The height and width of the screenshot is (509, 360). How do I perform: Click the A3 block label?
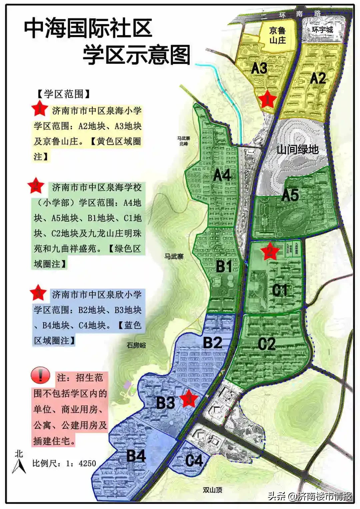259,68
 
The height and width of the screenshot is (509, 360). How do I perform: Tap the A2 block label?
318,78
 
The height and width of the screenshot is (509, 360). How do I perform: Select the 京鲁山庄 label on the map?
277,36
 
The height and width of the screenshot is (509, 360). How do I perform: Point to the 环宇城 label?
322,30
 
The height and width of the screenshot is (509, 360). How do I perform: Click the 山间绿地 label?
297,149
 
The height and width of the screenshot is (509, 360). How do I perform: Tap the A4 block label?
222,175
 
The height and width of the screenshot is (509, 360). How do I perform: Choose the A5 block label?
290,195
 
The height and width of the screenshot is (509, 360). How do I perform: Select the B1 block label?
224,266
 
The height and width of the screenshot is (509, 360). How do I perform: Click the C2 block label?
267,344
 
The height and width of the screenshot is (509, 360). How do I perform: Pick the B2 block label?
213,343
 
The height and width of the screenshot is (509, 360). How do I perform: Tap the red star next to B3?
189,398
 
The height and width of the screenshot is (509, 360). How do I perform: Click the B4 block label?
136,456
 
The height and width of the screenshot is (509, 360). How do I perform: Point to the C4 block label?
194,461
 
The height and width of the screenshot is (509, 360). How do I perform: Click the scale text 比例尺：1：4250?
64,463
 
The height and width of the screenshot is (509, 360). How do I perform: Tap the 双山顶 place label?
212,490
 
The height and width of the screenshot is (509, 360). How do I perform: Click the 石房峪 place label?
136,345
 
